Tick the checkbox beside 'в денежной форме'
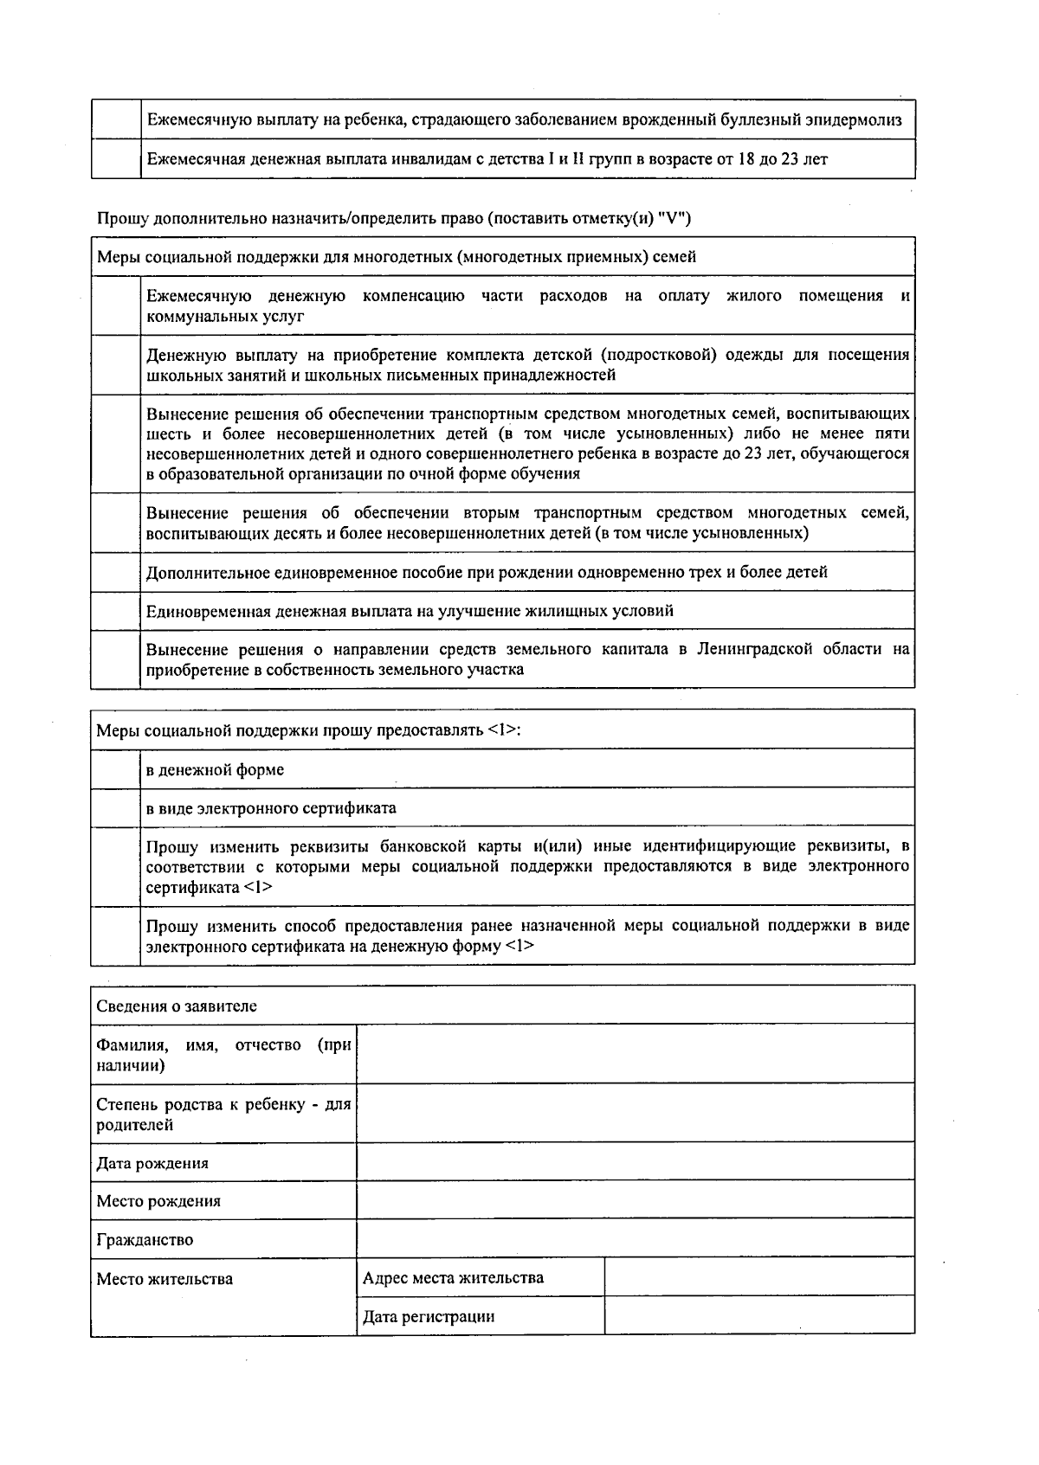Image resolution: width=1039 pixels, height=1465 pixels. click(x=116, y=768)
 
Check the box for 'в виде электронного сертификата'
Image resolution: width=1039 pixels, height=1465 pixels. click(x=116, y=807)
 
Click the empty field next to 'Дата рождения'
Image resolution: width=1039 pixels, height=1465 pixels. click(x=636, y=1161)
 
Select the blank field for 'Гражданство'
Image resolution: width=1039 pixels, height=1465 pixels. click(x=636, y=1238)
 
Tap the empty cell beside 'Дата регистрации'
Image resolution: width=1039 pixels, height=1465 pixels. click(x=759, y=1315)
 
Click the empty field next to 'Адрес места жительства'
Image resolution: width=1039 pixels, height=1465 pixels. click(x=759, y=1276)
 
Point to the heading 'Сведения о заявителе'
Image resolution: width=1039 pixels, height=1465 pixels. click(x=177, y=1006)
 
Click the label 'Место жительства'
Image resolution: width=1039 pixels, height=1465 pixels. click(x=165, y=1279)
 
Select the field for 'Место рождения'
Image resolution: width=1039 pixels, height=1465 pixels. click(x=636, y=1200)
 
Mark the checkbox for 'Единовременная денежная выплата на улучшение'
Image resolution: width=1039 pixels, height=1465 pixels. click(x=116, y=611)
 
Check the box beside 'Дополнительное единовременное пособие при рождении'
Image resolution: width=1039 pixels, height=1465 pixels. click(x=116, y=572)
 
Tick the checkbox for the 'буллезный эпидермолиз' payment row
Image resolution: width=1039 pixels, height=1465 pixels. click(x=116, y=119)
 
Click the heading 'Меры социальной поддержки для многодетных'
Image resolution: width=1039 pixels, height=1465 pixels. click(x=396, y=257)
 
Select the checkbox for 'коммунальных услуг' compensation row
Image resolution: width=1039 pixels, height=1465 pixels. click(x=116, y=306)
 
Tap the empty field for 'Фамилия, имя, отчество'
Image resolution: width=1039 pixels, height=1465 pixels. click(x=636, y=1053)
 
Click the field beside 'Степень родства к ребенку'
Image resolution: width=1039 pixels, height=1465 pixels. click(x=636, y=1113)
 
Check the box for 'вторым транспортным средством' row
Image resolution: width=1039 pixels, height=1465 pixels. click(x=116, y=523)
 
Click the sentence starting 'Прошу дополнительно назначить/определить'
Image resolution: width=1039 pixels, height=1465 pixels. click(x=394, y=218)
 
